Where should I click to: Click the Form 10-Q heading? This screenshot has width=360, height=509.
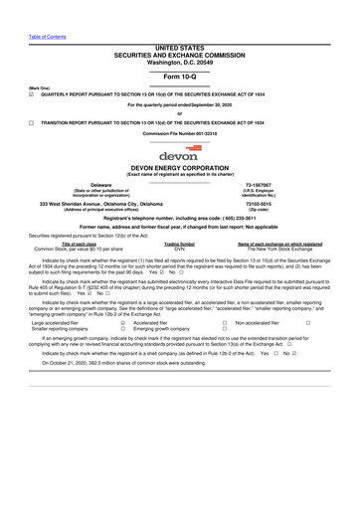click(179, 76)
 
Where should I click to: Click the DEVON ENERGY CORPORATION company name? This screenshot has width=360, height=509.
click(179, 169)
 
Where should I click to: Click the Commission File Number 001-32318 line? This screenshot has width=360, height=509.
click(179, 132)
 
